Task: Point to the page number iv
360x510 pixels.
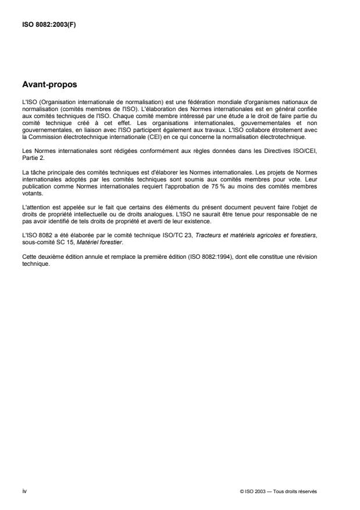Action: tap(24, 491)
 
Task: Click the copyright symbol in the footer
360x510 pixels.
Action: tap(241, 491)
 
